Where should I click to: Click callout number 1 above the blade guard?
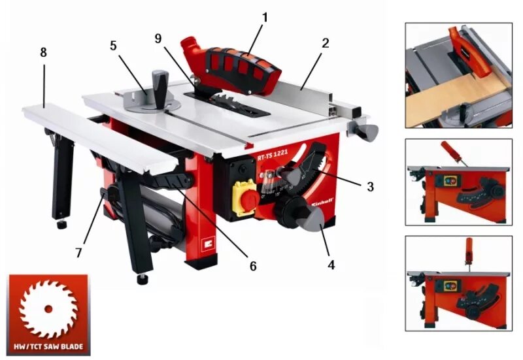265,16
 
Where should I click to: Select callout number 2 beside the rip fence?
325,44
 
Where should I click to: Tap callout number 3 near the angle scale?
370,186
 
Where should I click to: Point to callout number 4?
331,265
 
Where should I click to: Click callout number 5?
113,46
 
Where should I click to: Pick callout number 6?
253,267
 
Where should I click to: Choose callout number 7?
79,252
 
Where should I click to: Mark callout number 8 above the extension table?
44,53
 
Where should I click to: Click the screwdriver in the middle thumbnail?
452,152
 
